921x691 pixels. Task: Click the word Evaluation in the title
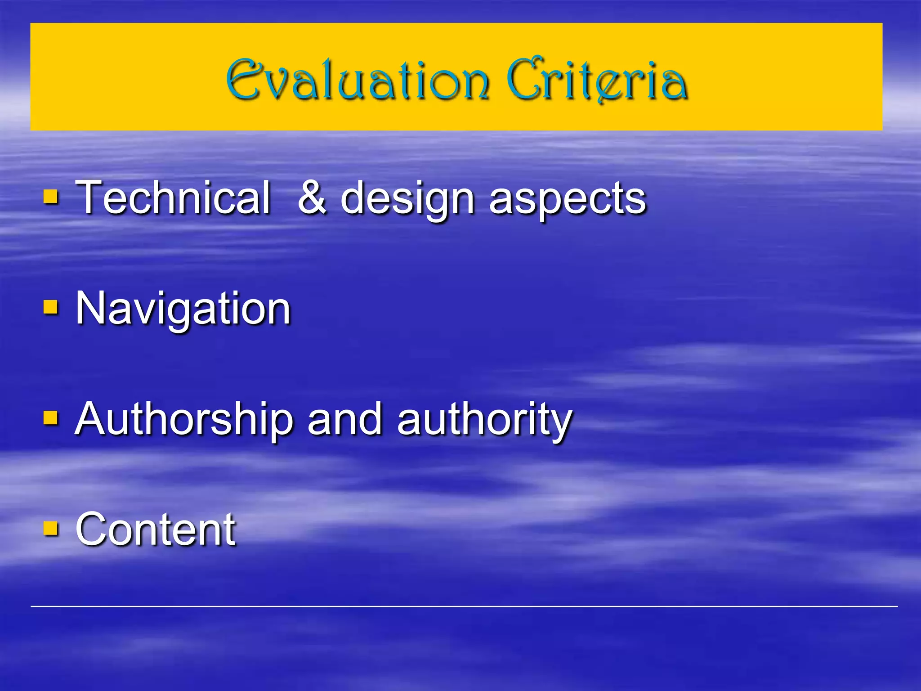(358, 80)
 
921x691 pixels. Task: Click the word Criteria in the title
(597, 80)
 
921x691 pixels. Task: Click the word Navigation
(183, 309)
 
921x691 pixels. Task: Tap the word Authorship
(184, 419)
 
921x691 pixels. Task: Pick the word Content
(155, 529)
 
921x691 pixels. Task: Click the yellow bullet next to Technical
(51, 197)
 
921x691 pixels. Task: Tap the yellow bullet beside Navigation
(51, 308)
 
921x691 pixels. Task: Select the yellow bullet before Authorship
(51, 418)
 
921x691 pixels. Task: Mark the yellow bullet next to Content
(51, 529)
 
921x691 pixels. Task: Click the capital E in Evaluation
(243, 80)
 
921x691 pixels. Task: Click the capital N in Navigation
(91, 308)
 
